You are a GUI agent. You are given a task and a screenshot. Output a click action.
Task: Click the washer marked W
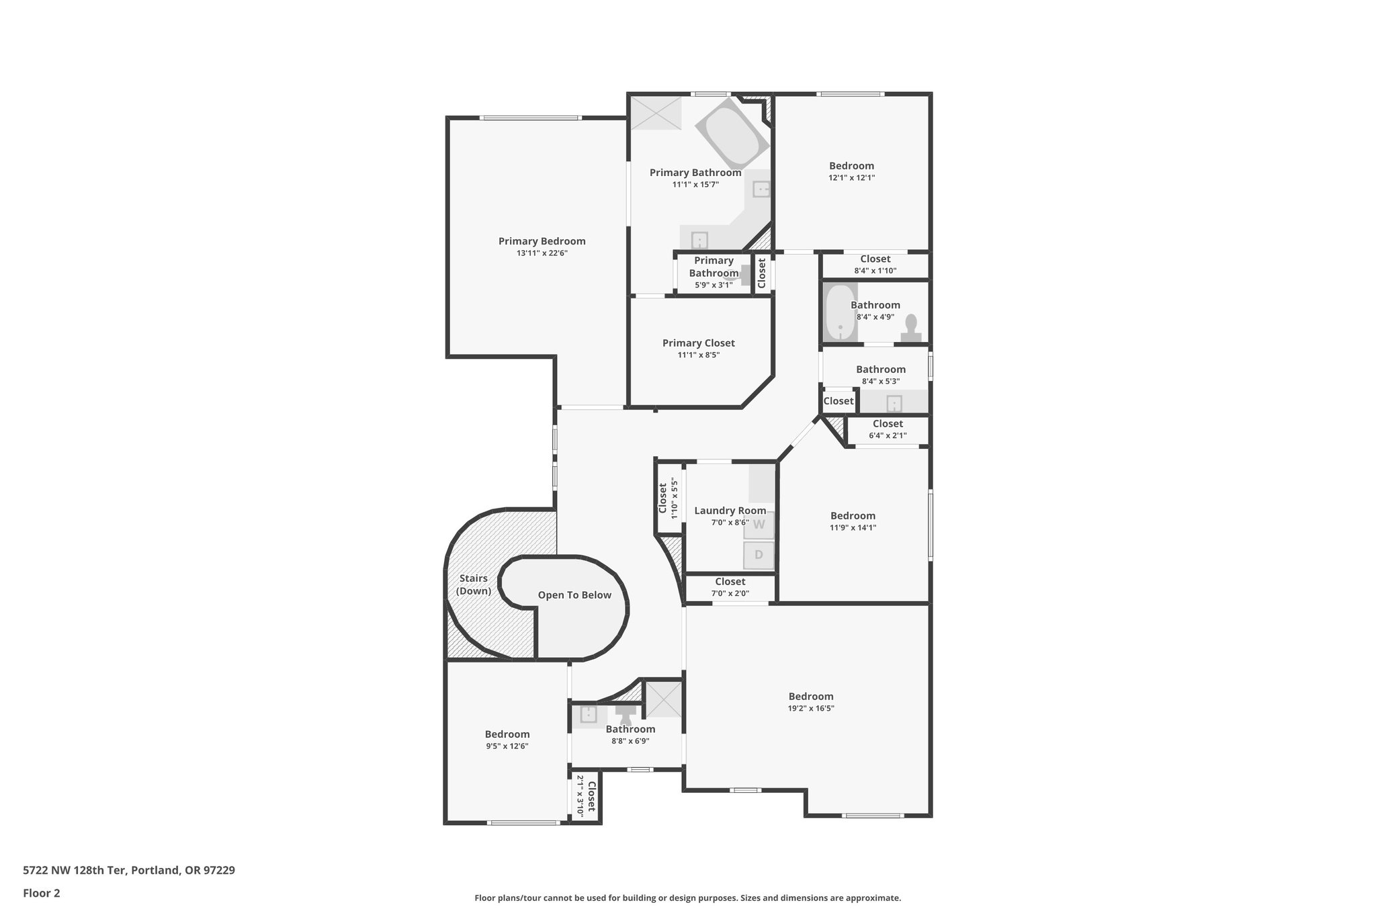(759, 525)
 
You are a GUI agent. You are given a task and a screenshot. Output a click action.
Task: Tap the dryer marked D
(759, 555)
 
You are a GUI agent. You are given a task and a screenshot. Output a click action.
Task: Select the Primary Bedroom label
(542, 241)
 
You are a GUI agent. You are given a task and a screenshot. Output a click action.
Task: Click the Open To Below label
(574, 595)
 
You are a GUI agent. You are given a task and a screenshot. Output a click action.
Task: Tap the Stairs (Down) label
(474, 584)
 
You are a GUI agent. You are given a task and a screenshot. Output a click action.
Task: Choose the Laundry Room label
(730, 511)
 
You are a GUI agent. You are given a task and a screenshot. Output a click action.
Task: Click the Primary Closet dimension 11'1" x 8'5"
(699, 355)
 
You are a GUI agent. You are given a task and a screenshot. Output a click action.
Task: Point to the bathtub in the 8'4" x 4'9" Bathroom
(840, 312)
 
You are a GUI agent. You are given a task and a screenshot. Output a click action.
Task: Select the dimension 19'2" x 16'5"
(811, 708)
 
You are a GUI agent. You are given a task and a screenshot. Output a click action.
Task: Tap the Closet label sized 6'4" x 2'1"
(888, 424)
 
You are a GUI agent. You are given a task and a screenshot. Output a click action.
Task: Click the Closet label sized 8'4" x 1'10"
(875, 259)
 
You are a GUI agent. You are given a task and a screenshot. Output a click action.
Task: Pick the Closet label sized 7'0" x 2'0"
(730, 582)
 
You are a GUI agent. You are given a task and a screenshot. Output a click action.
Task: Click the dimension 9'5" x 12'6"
(507, 746)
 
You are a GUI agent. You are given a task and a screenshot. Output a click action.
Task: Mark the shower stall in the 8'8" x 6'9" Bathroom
(664, 699)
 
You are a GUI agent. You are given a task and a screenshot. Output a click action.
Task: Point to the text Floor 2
(42, 893)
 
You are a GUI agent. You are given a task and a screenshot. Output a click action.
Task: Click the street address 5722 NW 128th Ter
(74, 871)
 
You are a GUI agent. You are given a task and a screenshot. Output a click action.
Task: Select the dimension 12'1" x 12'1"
(852, 178)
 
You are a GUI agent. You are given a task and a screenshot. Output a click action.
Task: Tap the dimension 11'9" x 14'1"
(853, 528)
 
